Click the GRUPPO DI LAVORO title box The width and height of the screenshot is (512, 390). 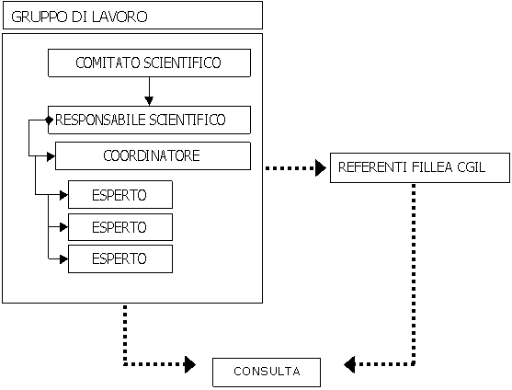[132, 16]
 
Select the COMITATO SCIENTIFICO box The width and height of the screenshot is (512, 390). [149, 63]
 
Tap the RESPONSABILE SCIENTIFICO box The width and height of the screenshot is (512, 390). [149, 120]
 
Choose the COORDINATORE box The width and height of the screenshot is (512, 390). [153, 155]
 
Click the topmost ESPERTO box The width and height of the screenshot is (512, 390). [120, 195]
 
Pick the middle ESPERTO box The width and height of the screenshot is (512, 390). [120, 227]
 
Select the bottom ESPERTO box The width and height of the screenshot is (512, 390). [120, 259]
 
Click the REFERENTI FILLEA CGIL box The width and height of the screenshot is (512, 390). [420, 167]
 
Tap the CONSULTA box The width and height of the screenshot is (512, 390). [267, 373]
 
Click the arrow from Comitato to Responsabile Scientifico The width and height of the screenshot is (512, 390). [149, 91]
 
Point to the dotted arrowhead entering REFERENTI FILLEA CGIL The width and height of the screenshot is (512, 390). [321, 168]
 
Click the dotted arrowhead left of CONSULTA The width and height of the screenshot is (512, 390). [189, 364]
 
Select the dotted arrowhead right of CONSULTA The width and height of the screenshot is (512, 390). [349, 364]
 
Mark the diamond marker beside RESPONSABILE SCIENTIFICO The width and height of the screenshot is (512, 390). [49, 120]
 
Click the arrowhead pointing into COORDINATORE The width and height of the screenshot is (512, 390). [51, 156]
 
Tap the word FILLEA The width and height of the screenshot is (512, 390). [432, 167]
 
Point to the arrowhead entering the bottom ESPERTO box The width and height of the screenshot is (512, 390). [64, 259]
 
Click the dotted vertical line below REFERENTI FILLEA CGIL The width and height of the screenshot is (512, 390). [414, 274]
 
